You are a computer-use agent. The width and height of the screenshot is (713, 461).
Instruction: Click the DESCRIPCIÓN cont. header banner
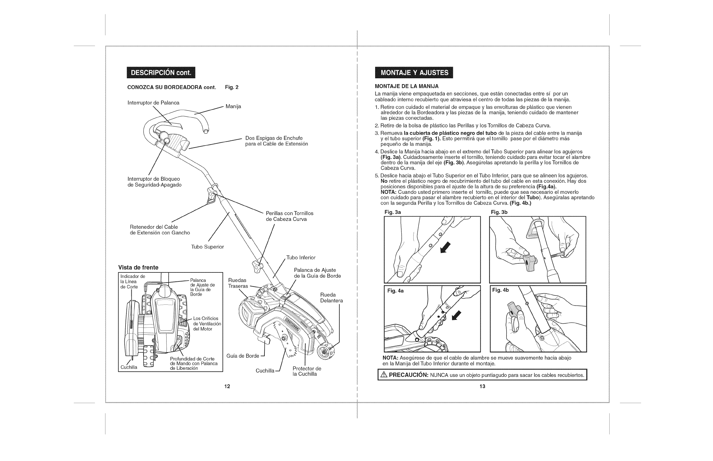tap(161, 72)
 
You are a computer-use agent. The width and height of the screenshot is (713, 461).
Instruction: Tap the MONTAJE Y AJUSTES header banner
tap(414, 72)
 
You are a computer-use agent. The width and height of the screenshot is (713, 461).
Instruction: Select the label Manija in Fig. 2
tap(233, 107)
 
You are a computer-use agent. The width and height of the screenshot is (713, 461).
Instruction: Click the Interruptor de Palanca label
tap(153, 103)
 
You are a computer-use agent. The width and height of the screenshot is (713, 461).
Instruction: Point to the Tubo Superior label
tap(208, 247)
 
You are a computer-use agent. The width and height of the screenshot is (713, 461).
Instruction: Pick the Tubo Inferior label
tap(301, 258)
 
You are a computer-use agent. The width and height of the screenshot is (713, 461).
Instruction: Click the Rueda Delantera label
tap(331, 297)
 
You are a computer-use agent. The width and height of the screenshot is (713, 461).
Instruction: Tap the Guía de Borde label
tap(243, 356)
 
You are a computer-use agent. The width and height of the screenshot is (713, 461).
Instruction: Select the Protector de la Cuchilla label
tap(307, 371)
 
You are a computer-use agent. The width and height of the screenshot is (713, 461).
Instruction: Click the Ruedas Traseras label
tap(238, 283)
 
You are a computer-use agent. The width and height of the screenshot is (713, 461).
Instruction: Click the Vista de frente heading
tap(138, 267)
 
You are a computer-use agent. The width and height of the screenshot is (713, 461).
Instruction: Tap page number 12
tap(227, 386)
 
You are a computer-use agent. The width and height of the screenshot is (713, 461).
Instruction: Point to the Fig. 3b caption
tap(499, 212)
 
